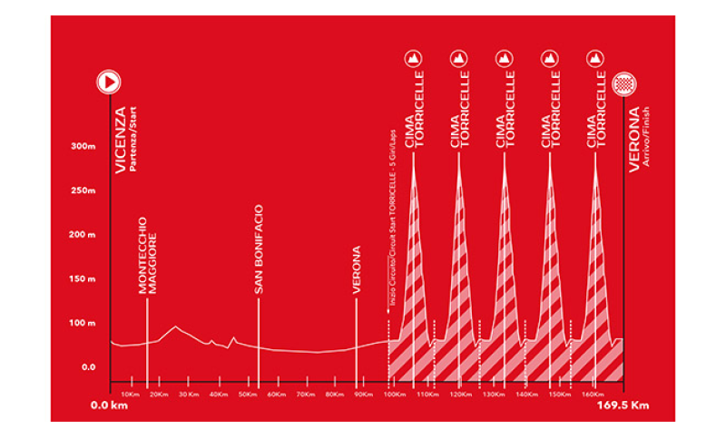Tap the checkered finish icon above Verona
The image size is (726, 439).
(624, 84)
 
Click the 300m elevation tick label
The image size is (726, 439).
(83, 146)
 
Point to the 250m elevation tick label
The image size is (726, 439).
(83, 190)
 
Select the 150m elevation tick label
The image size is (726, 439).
(83, 278)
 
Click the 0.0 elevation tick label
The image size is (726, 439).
(88, 366)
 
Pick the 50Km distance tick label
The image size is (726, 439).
(246, 395)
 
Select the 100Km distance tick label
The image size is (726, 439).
(394, 395)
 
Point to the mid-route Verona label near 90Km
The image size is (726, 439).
(357, 269)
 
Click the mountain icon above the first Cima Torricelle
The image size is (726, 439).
(413, 59)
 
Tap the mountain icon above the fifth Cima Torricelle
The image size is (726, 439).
(595, 59)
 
